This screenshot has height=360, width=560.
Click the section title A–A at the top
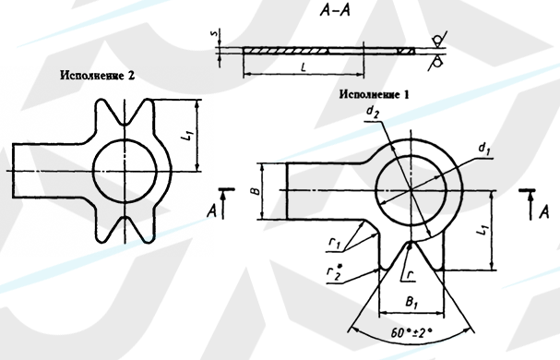(x=335, y=11)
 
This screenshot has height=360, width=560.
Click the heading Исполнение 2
(x=98, y=76)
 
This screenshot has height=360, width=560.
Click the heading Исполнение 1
(x=374, y=94)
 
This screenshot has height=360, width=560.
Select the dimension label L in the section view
(x=304, y=66)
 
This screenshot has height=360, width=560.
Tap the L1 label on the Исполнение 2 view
(x=187, y=137)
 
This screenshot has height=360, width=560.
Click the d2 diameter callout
(x=372, y=113)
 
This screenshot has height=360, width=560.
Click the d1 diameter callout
(x=484, y=148)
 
